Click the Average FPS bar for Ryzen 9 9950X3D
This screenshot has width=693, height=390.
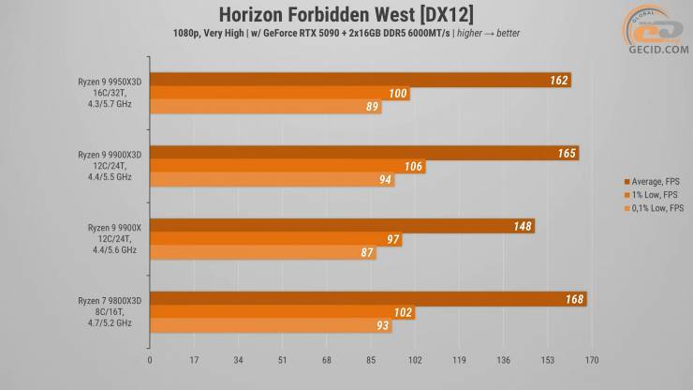356,81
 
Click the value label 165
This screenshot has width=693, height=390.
567,154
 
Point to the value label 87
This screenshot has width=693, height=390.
366,252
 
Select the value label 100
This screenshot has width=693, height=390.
398,94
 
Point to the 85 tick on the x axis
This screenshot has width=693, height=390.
371,358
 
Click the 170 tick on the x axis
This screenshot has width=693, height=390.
591,358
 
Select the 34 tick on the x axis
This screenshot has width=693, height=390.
238,358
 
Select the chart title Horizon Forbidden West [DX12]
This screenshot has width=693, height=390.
346,13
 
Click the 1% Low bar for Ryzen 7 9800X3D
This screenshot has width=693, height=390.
281,313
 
